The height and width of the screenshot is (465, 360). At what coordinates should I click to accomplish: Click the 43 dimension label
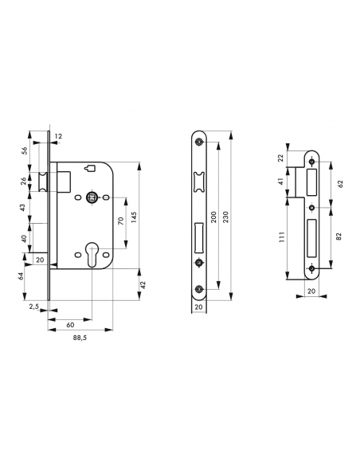(23, 208)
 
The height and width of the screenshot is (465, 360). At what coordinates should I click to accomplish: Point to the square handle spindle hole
(94, 197)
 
